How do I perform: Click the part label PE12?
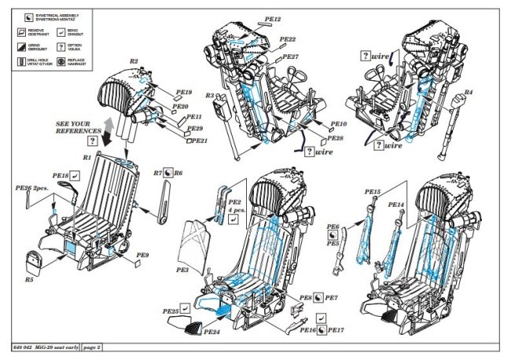point(274,17)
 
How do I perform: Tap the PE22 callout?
point(286,39)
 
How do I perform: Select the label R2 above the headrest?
point(134,61)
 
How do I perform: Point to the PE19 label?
point(184,93)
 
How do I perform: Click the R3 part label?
point(210,96)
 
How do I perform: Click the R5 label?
point(29,279)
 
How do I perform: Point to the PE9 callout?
point(143,255)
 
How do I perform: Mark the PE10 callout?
point(338,124)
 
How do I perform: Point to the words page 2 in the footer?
point(91,347)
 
